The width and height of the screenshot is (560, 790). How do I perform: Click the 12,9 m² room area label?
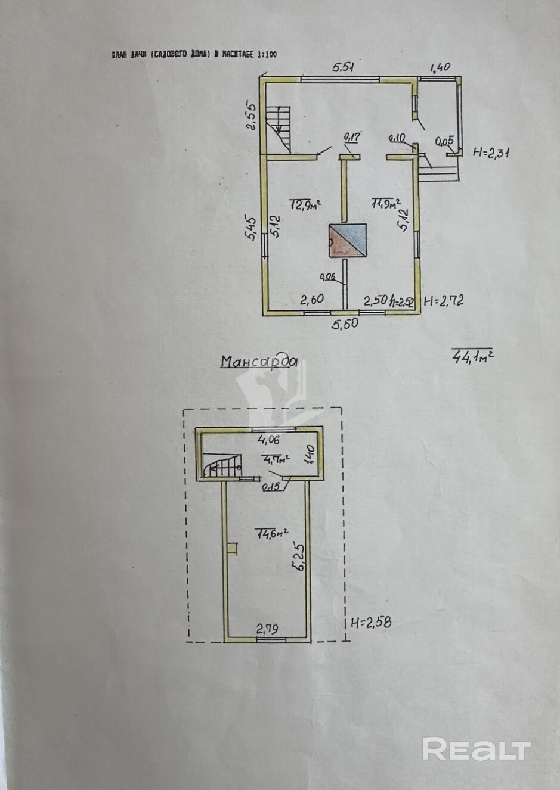pyautogui.click(x=305, y=205)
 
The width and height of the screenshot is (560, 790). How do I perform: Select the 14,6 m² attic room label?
pyautogui.click(x=272, y=533)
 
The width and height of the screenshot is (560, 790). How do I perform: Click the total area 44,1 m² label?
pyautogui.click(x=474, y=356)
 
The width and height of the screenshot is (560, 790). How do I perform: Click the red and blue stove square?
pyautogui.click(x=346, y=241)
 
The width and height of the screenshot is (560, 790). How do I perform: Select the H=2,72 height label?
pyautogui.click(x=443, y=301)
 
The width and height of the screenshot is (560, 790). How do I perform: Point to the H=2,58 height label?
pyautogui.click(x=371, y=623)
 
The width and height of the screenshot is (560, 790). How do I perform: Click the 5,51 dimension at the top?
pyautogui.click(x=343, y=68)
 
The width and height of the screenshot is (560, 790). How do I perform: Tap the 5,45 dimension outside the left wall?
pyautogui.click(x=253, y=229)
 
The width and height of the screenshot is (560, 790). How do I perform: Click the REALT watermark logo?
pyautogui.click(x=477, y=749)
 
